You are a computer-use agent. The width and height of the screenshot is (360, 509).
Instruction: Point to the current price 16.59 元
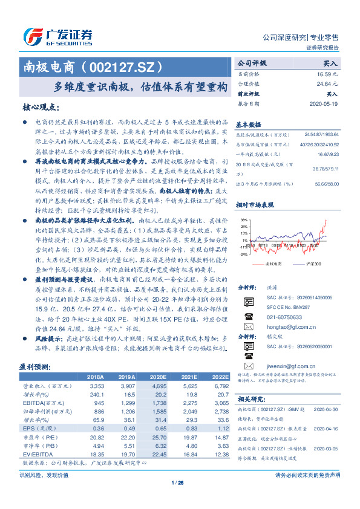click(x=328, y=74)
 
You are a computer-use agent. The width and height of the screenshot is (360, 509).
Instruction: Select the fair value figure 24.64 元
click(x=328, y=84)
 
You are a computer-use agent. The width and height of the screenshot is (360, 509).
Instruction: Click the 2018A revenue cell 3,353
click(x=96, y=384)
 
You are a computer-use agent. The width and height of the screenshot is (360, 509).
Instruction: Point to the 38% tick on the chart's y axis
click(x=243, y=220)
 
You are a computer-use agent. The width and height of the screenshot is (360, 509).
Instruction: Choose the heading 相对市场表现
click(x=254, y=206)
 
